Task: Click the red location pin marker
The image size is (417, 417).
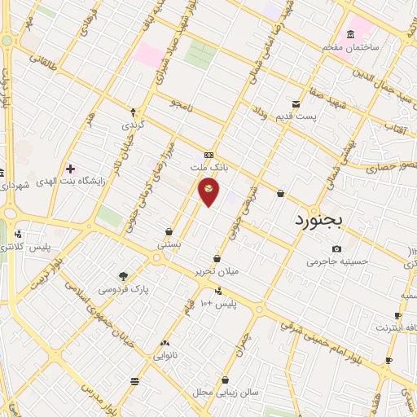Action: [209, 190]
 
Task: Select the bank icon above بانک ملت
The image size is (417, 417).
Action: [209, 155]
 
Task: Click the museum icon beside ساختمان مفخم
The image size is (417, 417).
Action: [350, 34]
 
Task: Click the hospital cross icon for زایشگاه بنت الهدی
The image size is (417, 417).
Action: [72, 169]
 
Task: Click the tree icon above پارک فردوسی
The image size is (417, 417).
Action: [123, 276]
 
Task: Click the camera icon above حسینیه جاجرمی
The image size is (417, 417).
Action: [336, 248]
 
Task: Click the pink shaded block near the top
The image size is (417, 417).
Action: [150, 55]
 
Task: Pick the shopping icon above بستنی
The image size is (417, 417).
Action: [169, 231]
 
